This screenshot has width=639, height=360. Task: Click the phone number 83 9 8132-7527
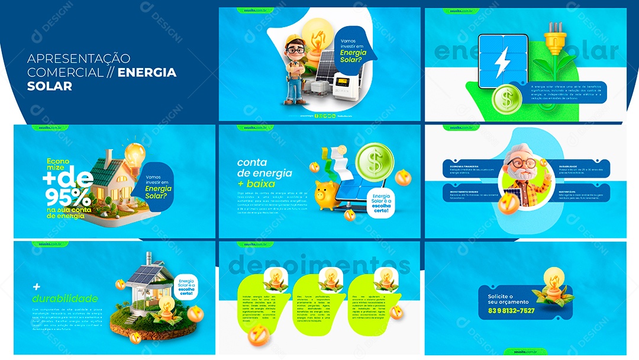pos(511,310)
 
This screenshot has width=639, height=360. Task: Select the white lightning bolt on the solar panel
pos(502,60)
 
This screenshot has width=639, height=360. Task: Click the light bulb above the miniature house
pos(134,156)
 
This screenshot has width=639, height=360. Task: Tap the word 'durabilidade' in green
pos(65,298)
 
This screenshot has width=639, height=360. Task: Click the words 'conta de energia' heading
pos(264,168)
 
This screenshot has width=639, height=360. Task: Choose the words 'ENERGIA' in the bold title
pos(147,72)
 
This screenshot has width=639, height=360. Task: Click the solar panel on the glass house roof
pos(146,273)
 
